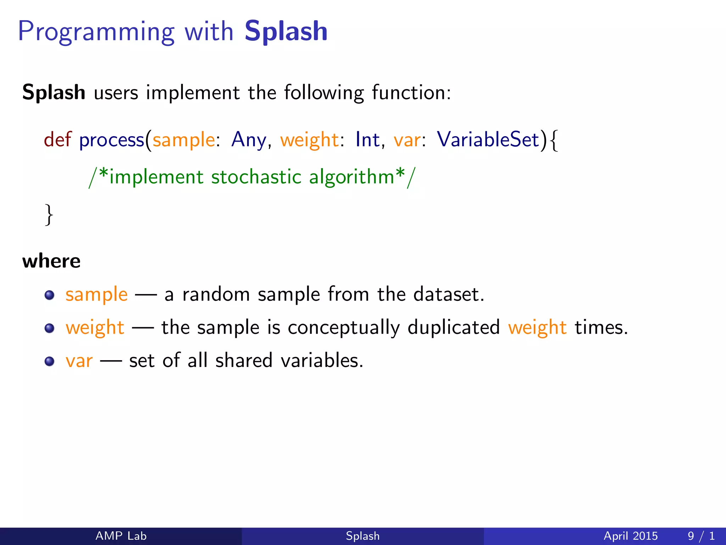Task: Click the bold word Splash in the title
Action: (x=286, y=31)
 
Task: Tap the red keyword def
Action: (x=57, y=139)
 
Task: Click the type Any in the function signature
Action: (x=248, y=140)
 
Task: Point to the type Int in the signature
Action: (x=368, y=139)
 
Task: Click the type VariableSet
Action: (x=488, y=139)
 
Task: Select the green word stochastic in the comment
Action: (x=256, y=177)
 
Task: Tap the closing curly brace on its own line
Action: (x=49, y=214)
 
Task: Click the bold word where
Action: (x=51, y=261)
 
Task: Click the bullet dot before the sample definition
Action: (x=50, y=295)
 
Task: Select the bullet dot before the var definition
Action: (x=50, y=361)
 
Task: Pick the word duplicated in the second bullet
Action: (x=453, y=327)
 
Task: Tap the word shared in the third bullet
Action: (x=244, y=360)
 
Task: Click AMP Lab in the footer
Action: (x=121, y=536)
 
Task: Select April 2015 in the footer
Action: (x=630, y=536)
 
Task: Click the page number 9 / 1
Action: (x=701, y=536)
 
